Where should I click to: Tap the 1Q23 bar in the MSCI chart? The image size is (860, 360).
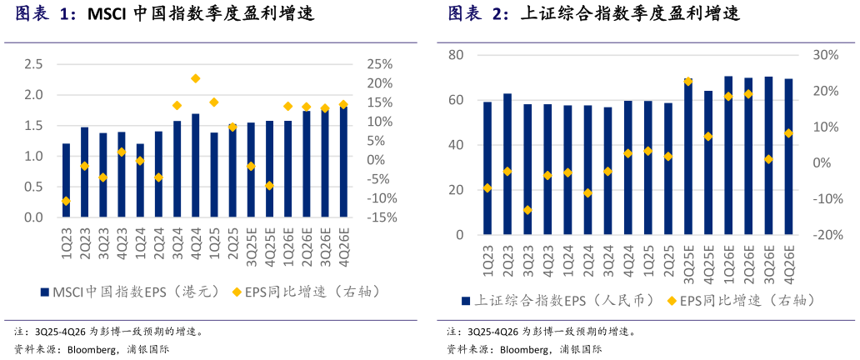[66, 180]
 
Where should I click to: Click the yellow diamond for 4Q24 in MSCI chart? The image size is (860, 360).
[195, 78]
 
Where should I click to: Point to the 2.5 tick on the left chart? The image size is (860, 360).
[33, 64]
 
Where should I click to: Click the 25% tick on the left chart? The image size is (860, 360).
[380, 64]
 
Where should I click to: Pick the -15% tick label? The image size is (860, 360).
[380, 217]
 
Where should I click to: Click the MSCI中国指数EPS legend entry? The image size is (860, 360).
[128, 292]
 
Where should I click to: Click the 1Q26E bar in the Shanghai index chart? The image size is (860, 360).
[728, 156]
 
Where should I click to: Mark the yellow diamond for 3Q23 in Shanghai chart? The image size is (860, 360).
[527, 210]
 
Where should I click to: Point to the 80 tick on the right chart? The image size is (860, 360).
[456, 55]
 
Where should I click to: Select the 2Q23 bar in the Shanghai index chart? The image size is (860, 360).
[507, 164]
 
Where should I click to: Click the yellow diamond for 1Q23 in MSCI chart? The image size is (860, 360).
[66, 201]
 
